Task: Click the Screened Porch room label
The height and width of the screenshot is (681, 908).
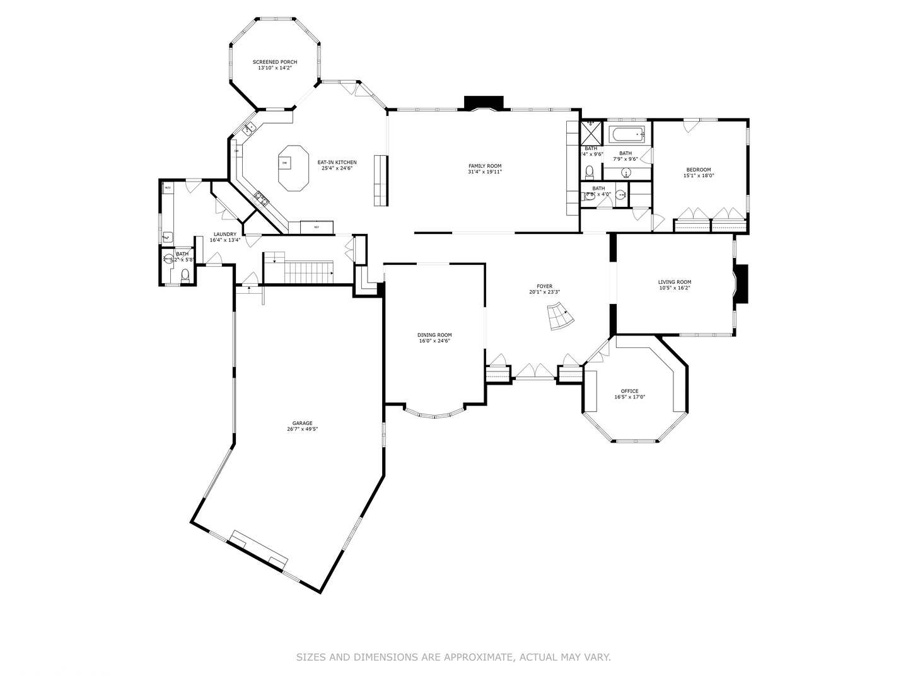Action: click(274, 62)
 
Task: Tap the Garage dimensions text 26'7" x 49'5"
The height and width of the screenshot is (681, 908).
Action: click(302, 429)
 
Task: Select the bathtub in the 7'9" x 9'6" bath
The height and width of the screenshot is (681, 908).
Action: click(626, 134)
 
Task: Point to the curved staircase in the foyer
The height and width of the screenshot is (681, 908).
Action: click(559, 317)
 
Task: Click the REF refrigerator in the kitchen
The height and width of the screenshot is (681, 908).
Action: click(317, 227)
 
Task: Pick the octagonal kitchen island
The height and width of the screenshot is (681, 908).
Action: click(293, 168)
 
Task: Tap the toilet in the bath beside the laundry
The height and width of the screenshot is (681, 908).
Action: click(185, 274)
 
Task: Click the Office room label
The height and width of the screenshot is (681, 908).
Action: click(629, 391)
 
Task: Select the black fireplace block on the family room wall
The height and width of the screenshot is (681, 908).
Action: click(484, 102)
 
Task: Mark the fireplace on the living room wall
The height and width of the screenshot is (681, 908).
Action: click(742, 284)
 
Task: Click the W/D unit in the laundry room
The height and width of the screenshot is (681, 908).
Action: click(168, 188)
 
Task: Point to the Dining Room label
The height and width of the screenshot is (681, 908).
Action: click(434, 335)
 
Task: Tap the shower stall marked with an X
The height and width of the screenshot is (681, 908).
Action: click(591, 134)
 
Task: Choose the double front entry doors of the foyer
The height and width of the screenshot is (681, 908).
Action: click(533, 372)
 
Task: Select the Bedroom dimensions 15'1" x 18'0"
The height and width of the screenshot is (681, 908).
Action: click(698, 176)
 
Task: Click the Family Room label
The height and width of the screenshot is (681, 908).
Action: click(484, 166)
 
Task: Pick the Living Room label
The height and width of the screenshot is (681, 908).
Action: click(674, 282)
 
